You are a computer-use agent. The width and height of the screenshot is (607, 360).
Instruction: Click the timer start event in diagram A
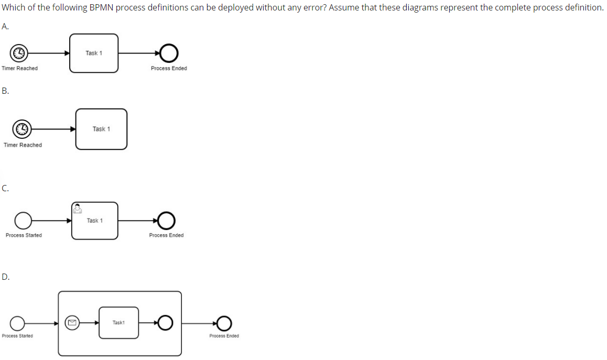(x=19, y=53)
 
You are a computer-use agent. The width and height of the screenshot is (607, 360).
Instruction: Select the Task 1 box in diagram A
(x=94, y=53)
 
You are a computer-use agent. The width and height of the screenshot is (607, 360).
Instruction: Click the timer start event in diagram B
(x=22, y=128)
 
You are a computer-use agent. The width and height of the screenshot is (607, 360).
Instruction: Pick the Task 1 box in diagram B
(x=101, y=129)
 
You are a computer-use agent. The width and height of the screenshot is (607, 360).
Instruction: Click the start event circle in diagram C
(x=23, y=221)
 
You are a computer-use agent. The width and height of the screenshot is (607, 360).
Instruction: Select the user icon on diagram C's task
(x=77, y=208)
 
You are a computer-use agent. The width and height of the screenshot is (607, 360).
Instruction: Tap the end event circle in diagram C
(x=166, y=221)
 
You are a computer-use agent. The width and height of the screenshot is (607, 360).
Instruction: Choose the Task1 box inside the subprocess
(x=118, y=323)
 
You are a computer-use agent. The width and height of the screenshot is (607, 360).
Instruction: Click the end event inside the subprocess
(x=165, y=323)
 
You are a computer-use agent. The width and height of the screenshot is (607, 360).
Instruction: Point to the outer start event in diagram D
(x=17, y=323)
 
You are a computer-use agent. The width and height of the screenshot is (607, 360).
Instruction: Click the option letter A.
(x=5, y=26)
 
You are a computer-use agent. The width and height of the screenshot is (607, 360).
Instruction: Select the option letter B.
(x=5, y=91)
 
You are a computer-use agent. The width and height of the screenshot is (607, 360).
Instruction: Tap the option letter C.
(x=5, y=189)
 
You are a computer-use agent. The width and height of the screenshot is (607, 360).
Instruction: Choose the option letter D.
(x=5, y=277)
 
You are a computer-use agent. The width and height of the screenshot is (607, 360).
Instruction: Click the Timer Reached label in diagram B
(x=23, y=145)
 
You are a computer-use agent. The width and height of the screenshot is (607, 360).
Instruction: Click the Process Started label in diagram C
(x=24, y=235)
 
